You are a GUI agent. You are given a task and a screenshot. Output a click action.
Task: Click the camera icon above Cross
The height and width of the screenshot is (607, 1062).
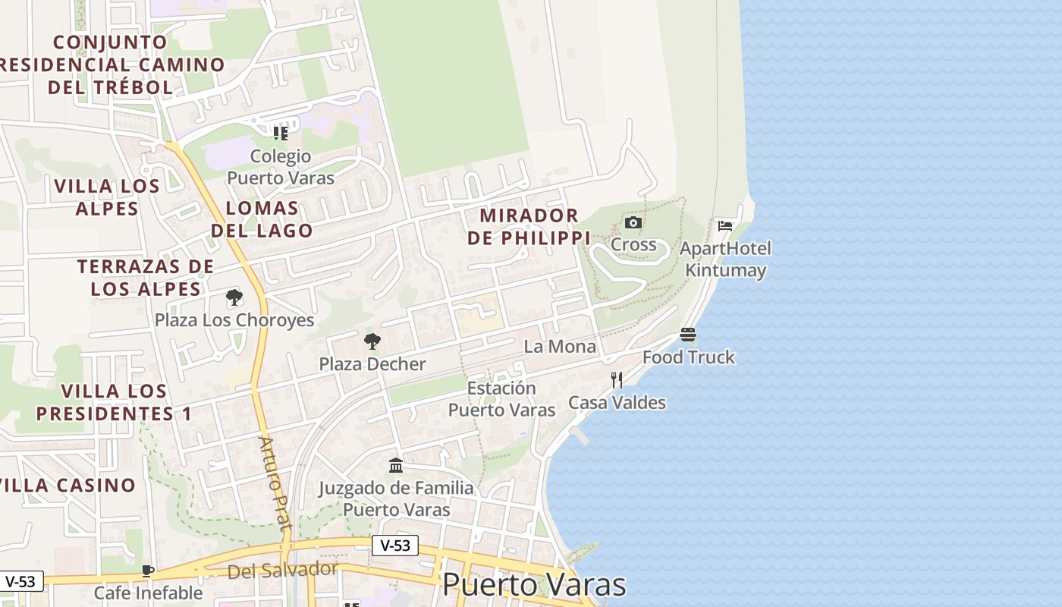[x=633, y=222]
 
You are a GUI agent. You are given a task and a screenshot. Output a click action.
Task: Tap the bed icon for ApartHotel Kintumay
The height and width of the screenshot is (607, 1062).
[x=725, y=225]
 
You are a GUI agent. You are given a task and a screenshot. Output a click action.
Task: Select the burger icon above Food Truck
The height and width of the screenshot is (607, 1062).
[x=688, y=335]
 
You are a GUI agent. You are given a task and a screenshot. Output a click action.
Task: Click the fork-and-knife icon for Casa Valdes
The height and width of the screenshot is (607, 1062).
[x=617, y=380]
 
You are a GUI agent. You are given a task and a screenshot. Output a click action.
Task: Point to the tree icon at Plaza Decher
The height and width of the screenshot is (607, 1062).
[x=372, y=341]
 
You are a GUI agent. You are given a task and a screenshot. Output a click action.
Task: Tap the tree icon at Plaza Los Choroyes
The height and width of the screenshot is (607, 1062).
[x=234, y=297]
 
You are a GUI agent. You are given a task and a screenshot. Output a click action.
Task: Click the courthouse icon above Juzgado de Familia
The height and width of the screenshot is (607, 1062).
[x=396, y=465]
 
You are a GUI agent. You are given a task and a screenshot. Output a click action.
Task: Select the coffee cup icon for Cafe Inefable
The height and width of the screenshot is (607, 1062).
[x=149, y=571]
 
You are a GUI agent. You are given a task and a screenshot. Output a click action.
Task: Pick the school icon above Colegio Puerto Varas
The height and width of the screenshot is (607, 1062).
[x=281, y=134]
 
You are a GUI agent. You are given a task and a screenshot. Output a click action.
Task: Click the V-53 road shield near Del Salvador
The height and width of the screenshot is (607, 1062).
[x=395, y=545]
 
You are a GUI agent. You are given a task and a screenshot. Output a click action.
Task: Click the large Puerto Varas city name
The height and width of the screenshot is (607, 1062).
[x=534, y=585]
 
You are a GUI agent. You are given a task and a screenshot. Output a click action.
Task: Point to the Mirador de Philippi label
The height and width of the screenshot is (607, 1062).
[x=529, y=226]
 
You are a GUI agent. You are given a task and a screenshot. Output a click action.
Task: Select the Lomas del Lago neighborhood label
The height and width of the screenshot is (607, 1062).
[x=262, y=219]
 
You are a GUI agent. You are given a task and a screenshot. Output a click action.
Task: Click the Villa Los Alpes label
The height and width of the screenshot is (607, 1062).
[x=107, y=197]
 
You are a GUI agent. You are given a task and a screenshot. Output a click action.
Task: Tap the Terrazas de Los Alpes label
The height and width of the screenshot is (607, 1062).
[x=146, y=278]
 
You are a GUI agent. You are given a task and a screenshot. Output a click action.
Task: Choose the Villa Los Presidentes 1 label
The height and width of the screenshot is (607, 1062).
[x=113, y=402]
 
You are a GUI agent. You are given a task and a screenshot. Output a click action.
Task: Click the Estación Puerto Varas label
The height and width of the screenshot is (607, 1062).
[x=501, y=399]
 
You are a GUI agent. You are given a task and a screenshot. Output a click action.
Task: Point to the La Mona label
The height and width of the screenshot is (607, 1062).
[x=560, y=347]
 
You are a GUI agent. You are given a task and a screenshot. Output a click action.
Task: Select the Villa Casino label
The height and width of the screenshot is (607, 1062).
[x=68, y=485]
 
